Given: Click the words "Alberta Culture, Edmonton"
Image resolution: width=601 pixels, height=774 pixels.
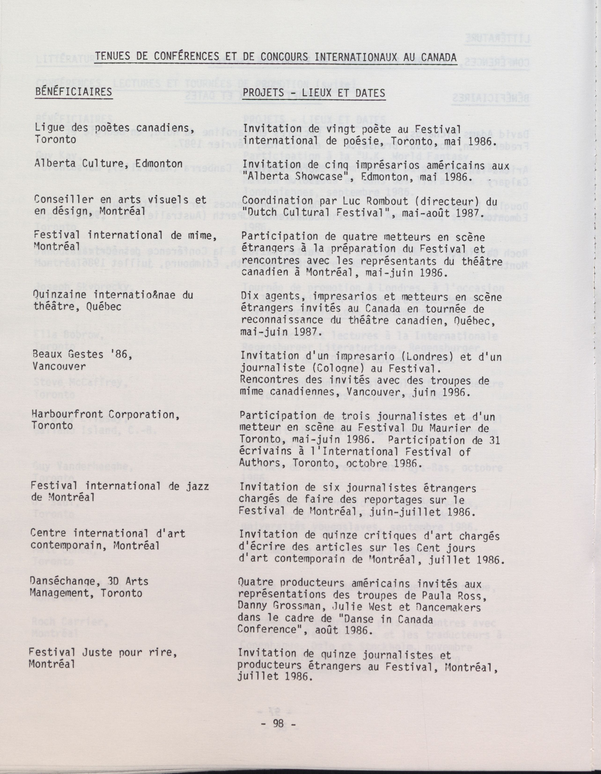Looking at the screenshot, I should pyautogui.click(x=108, y=164).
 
